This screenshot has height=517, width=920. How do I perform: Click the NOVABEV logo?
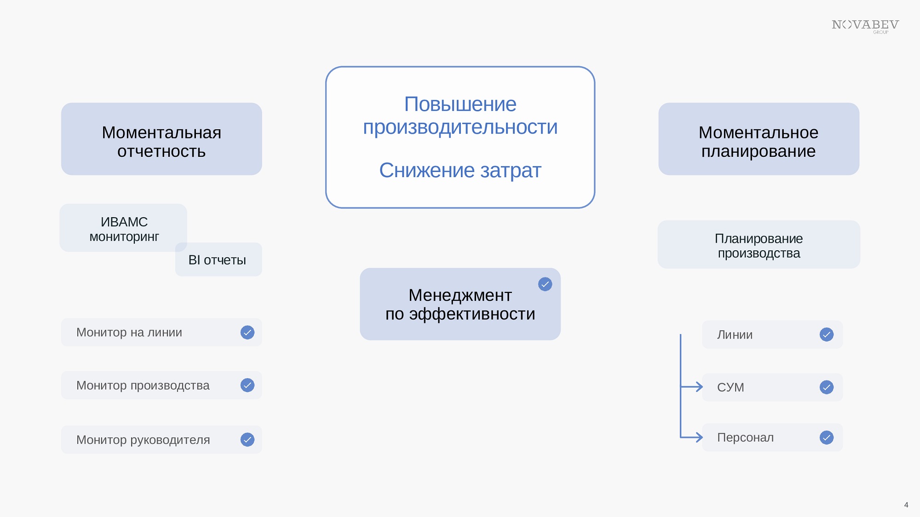point(865,26)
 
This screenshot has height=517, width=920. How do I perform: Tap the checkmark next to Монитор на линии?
point(247,333)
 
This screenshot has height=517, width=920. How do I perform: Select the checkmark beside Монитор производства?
point(247,385)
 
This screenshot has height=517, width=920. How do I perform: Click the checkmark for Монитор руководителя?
point(247,440)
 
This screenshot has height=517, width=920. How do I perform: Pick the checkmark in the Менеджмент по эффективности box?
point(545,284)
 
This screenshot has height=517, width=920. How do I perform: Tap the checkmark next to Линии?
point(827,334)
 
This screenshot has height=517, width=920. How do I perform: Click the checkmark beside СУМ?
point(827,387)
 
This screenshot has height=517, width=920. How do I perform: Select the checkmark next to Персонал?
point(827,437)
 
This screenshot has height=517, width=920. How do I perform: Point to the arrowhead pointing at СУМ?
point(698,387)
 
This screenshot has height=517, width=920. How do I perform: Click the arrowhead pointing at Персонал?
point(698,437)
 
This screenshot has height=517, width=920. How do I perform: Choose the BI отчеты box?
point(218,259)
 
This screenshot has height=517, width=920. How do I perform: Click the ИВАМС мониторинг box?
point(123,228)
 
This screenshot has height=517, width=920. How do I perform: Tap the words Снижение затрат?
point(460,171)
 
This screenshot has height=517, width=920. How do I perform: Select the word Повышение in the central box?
point(460,104)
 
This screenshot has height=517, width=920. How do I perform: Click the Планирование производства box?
point(759,244)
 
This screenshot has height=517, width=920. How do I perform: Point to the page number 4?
point(906,505)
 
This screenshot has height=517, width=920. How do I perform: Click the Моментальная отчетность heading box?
point(161,139)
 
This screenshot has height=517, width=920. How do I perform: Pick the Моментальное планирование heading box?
point(759,139)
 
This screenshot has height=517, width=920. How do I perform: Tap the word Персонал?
point(745,437)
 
